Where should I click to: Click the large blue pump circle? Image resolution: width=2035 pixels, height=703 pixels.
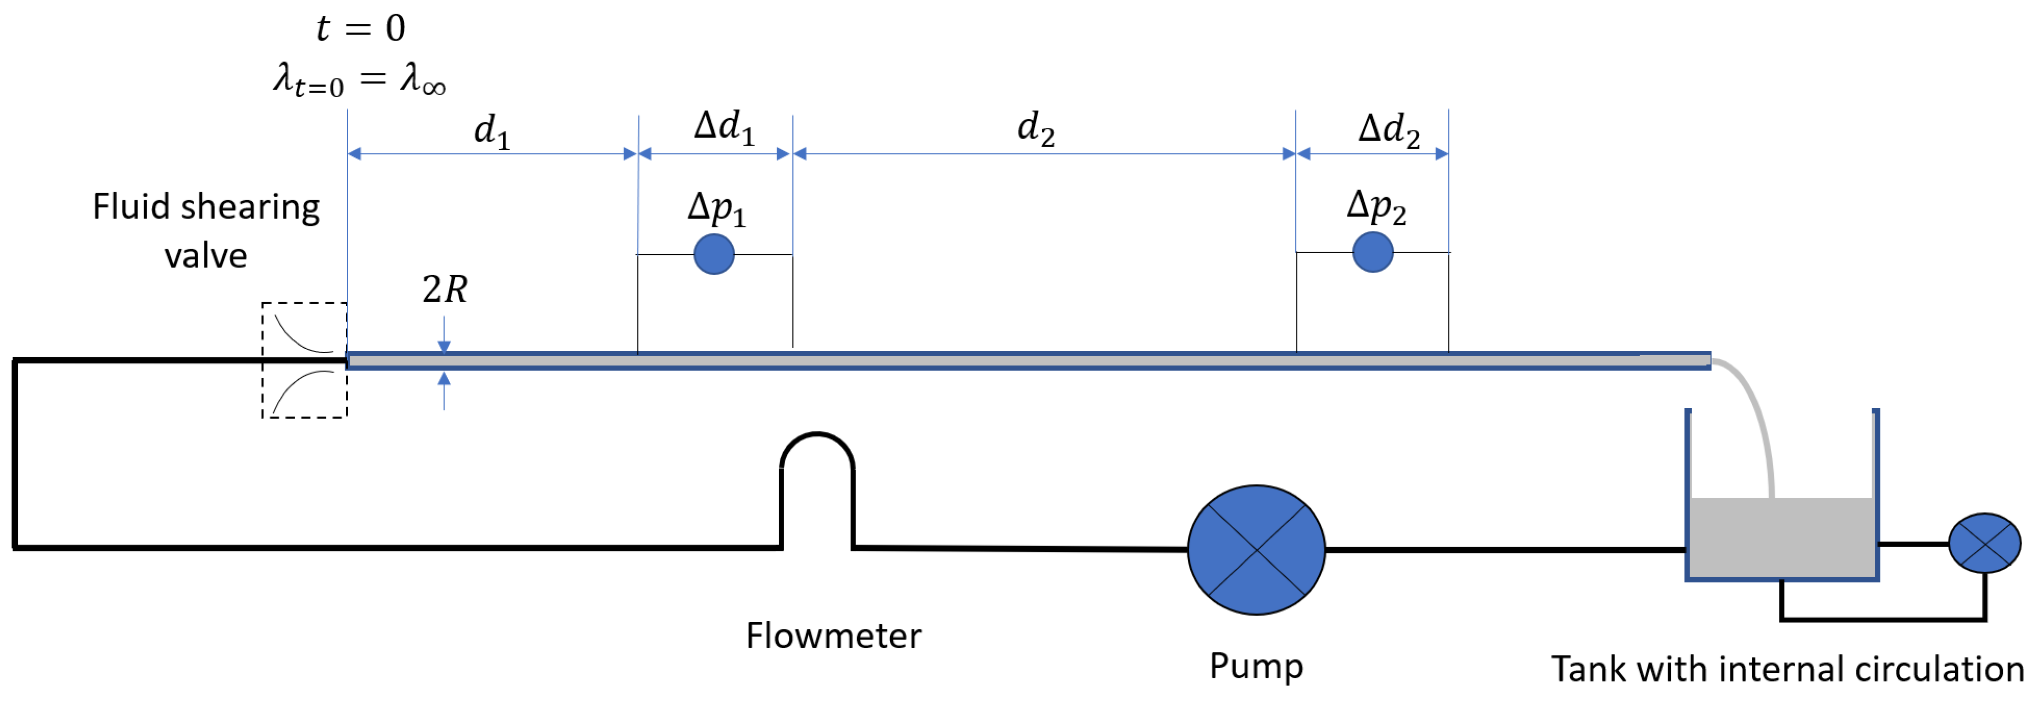[1256, 550]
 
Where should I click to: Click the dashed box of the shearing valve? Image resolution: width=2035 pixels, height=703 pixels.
[304, 360]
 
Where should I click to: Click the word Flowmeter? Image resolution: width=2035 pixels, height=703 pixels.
[833, 636]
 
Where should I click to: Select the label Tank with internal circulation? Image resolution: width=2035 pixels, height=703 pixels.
[1787, 669]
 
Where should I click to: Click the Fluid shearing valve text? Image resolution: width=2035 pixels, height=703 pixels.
[206, 231]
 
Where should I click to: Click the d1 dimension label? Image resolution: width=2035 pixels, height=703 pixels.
[491, 130]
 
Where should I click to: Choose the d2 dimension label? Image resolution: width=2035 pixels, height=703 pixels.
[1035, 129]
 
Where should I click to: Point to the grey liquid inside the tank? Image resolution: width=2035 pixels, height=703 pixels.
[1781, 537]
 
